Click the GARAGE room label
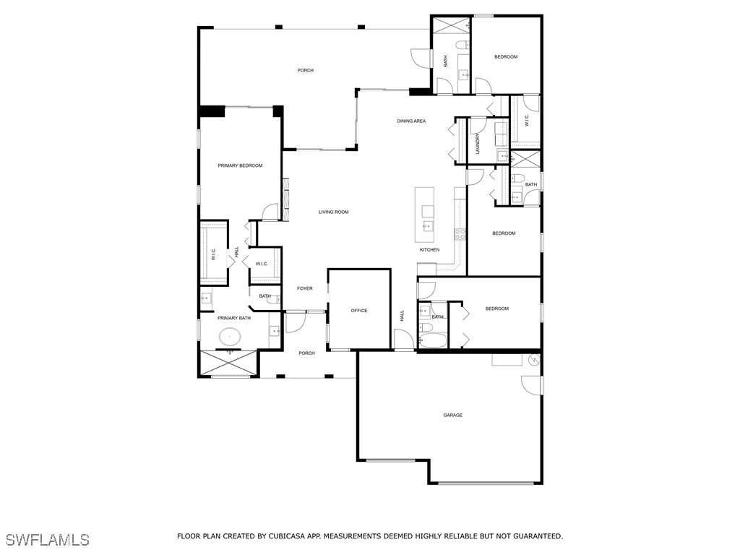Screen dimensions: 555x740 (453, 415)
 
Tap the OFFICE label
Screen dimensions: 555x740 (359, 311)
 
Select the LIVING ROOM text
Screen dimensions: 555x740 (334, 212)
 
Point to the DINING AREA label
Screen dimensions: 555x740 (411, 121)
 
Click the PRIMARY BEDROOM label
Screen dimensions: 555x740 (240, 165)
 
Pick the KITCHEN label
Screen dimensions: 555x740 (430, 250)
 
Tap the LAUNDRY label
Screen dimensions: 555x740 (478, 143)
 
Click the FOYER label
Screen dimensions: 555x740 (305, 288)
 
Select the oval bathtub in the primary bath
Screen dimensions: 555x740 (231, 336)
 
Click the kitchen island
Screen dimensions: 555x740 (425, 215)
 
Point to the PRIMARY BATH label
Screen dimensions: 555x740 (234, 318)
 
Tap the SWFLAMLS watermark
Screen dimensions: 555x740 (47, 540)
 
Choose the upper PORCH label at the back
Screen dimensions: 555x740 (306, 70)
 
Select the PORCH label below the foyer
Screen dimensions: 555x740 (307, 353)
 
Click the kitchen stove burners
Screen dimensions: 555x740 (458, 233)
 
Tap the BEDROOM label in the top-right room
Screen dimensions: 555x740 (506, 56)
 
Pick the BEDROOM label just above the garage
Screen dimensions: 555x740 (497, 309)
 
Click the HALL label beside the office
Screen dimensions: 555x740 (403, 315)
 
